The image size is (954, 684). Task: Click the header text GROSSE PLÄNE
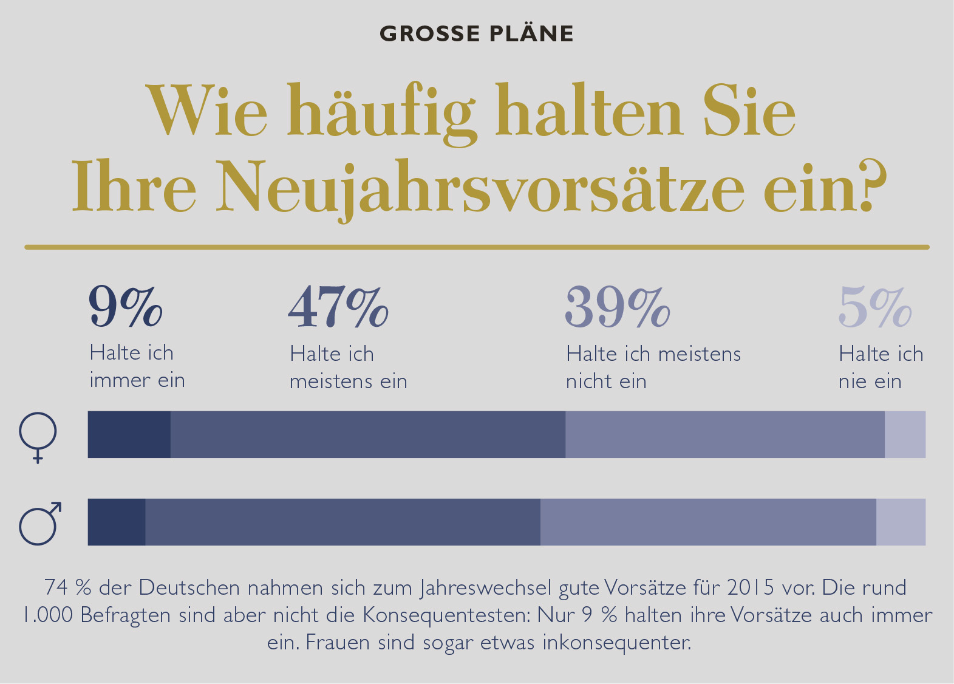coord(477,33)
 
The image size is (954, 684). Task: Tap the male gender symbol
coord(40,523)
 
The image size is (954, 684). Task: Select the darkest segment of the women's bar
coord(129,434)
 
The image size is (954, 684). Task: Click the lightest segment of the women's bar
coord(905,434)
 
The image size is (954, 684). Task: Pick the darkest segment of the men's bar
coord(117,522)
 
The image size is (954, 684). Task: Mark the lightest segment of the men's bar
coord(901,522)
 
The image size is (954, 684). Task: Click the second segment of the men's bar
coord(342,522)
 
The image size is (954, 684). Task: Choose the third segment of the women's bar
coord(724,434)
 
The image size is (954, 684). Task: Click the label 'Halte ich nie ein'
coord(881,368)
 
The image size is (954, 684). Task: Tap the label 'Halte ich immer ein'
coord(137,366)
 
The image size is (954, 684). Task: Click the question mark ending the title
coord(873,185)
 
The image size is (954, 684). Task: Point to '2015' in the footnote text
coord(751,587)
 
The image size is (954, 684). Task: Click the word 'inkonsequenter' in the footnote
coord(616,642)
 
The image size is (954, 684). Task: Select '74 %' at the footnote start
coord(67,587)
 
